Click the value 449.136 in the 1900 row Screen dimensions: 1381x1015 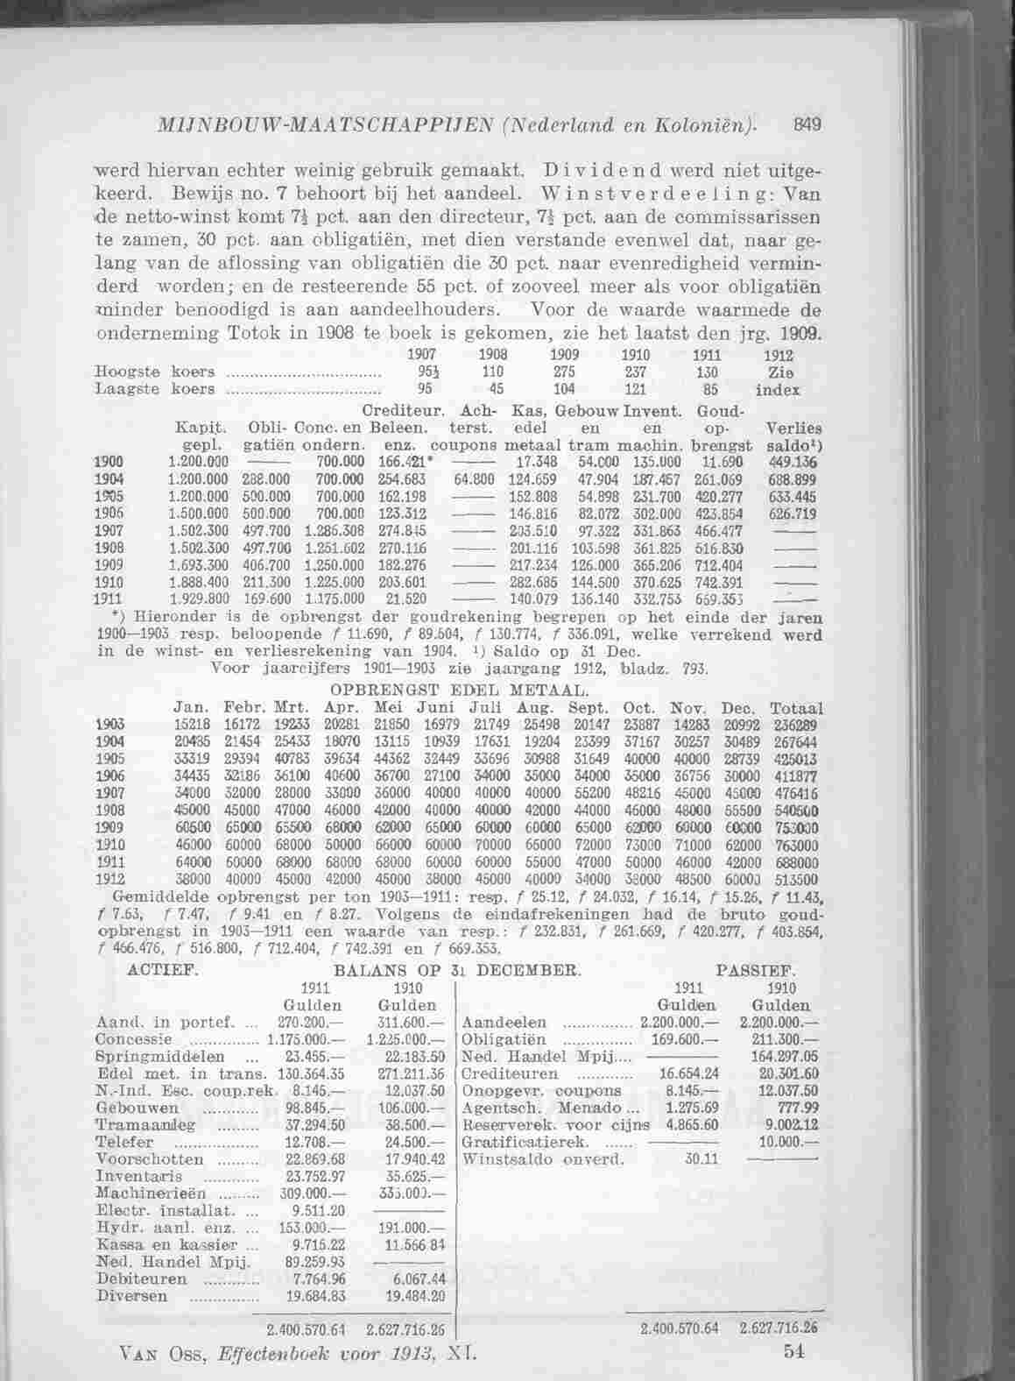click(791, 463)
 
